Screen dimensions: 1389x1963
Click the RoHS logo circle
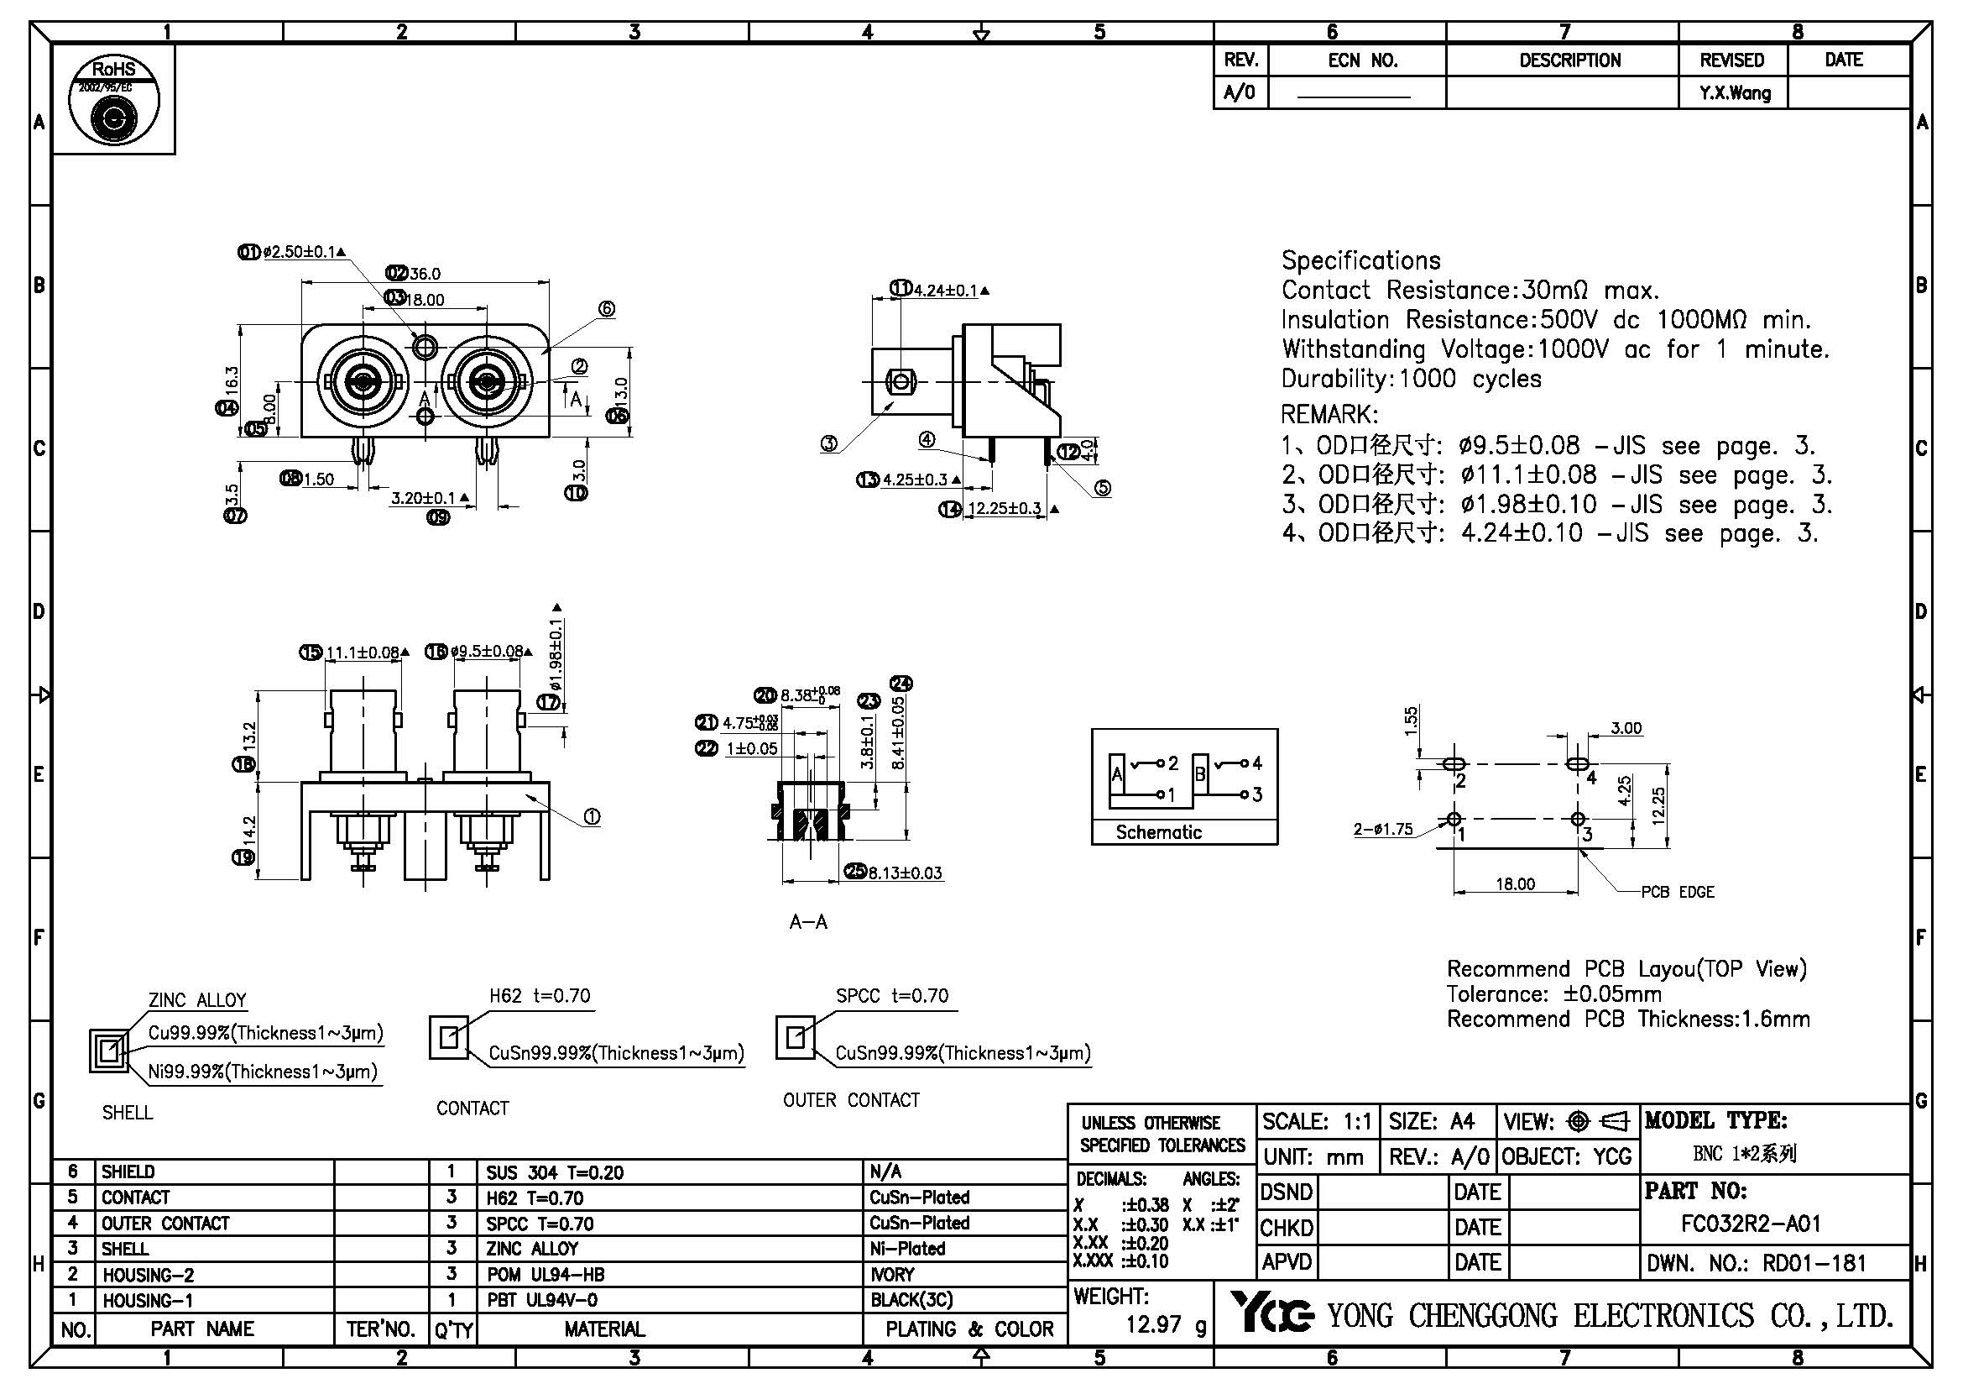(x=113, y=99)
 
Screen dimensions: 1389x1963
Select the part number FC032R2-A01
(x=1750, y=1224)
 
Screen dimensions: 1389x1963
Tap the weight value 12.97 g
(x=1167, y=1325)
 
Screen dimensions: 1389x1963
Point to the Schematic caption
(x=1158, y=832)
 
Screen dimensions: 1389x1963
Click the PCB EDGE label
(x=1678, y=892)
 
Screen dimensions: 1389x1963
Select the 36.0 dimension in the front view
(x=424, y=274)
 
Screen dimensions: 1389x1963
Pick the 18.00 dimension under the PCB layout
(x=1514, y=884)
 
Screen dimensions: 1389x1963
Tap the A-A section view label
(x=808, y=922)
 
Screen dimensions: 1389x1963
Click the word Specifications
(x=1360, y=261)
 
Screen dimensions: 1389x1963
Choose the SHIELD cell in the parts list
(x=128, y=1171)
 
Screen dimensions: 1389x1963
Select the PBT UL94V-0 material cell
(x=542, y=1300)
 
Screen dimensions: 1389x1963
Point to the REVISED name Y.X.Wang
(x=1735, y=93)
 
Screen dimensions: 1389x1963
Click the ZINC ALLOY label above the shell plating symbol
(x=197, y=1000)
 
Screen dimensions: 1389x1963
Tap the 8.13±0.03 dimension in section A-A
(x=905, y=873)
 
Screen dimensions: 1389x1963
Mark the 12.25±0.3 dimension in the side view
(x=1005, y=509)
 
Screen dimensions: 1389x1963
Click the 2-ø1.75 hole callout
(x=1382, y=829)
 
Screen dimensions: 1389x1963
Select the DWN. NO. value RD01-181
(x=1814, y=1263)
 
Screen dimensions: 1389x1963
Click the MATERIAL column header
(x=603, y=1329)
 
